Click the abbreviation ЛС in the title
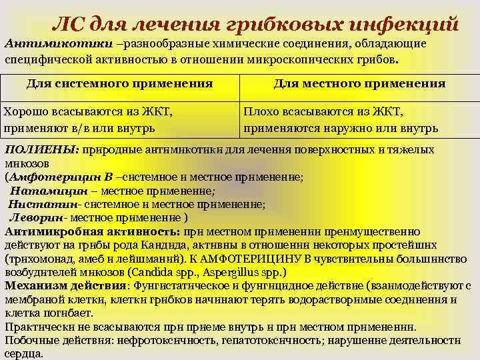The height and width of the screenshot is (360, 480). click(x=69, y=25)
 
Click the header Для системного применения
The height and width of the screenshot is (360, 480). click(x=119, y=83)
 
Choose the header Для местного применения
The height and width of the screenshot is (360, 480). click(x=359, y=83)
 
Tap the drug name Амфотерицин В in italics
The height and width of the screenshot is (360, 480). click(x=60, y=177)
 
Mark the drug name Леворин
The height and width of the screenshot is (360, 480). click(x=37, y=217)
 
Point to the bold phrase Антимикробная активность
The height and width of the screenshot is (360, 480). click(x=92, y=231)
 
